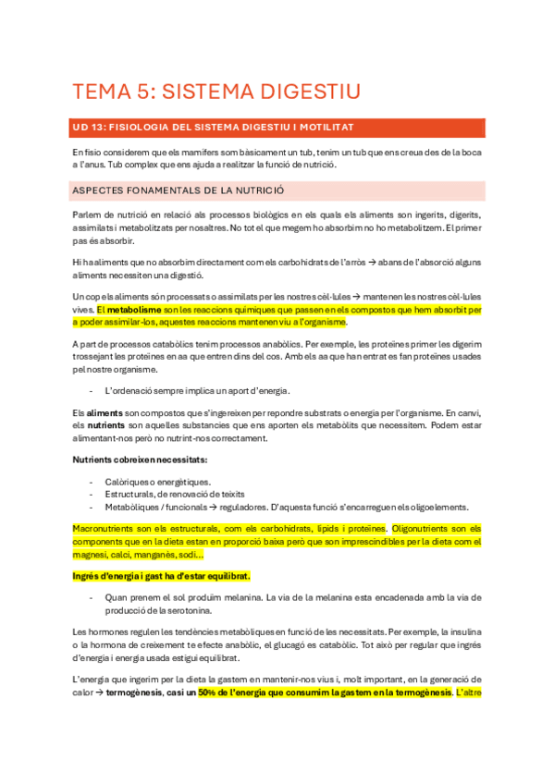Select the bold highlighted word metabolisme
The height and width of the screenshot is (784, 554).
(136, 310)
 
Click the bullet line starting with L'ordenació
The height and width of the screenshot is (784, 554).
(198, 389)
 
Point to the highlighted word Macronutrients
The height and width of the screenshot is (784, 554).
(106, 529)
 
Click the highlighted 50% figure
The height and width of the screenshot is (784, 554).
(207, 692)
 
